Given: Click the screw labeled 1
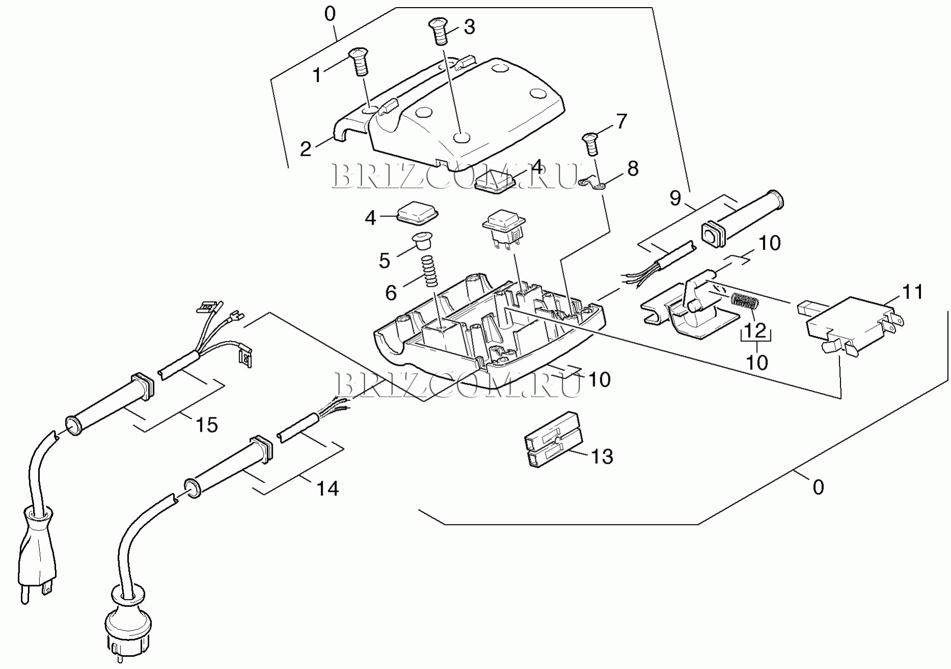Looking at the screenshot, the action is (x=358, y=62).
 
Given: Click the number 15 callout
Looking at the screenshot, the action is (x=207, y=424).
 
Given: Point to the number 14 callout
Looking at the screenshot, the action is (x=327, y=489).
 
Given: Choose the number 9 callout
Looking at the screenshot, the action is (x=675, y=198).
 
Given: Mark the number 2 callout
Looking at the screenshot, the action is (x=305, y=149).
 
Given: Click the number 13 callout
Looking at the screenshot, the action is (x=602, y=457).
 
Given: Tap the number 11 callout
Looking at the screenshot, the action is (x=912, y=292).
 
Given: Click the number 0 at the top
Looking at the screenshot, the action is (x=330, y=14).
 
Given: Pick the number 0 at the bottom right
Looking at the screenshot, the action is (x=818, y=488).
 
